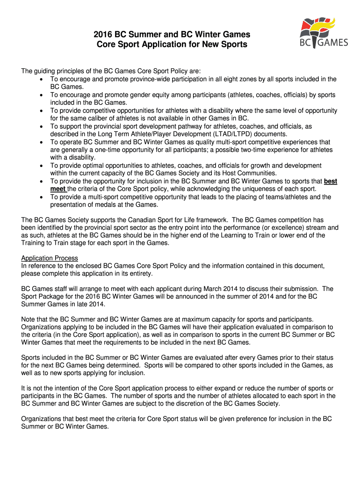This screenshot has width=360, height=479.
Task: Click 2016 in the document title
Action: pos(102,35)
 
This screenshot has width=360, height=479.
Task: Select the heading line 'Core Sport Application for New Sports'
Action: pos(172,45)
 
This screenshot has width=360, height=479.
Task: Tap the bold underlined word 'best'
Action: pos(331,181)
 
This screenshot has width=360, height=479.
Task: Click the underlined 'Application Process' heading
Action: pos(50,258)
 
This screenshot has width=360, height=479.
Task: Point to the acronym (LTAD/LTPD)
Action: pos(220,134)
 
